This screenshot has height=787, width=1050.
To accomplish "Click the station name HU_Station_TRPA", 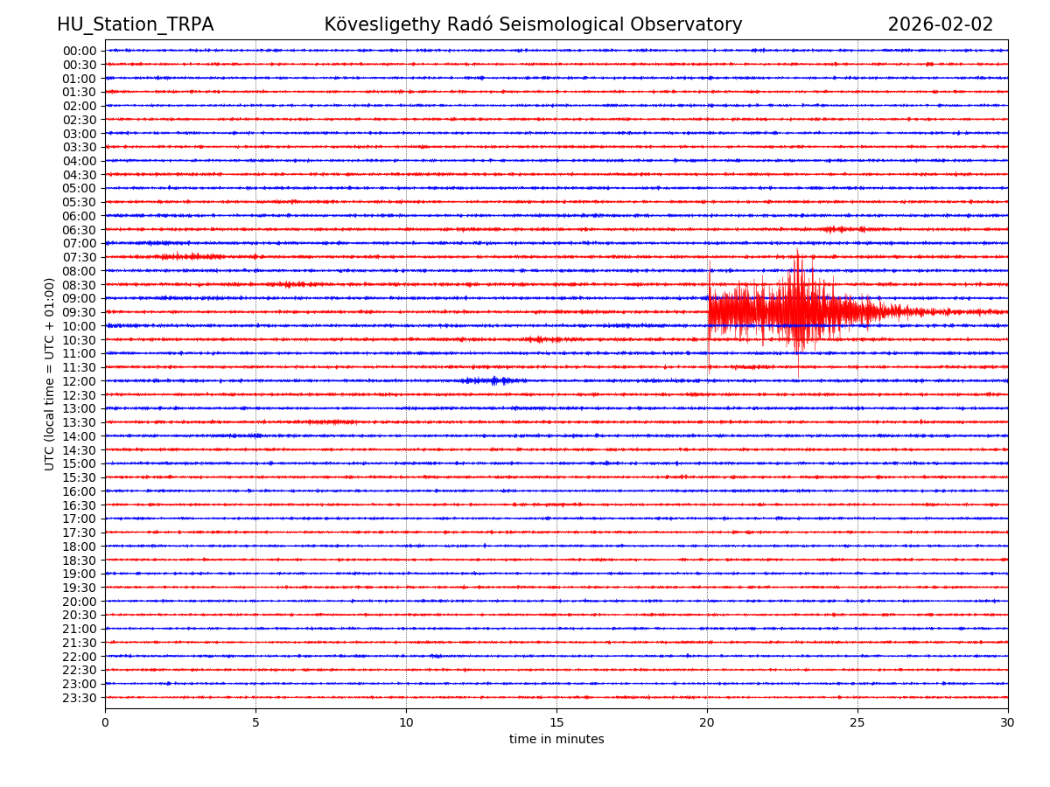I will click(x=135, y=24).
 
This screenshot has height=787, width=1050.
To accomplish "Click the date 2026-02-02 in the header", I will click(x=940, y=24).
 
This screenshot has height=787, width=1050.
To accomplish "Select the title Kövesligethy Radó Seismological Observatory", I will click(x=533, y=24).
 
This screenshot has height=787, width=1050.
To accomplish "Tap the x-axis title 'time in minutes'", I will click(x=556, y=740).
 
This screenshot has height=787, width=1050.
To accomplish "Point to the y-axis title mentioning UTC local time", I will click(x=50, y=373).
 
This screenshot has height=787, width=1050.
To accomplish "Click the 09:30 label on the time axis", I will click(x=80, y=312).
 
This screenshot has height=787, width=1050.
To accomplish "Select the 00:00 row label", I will click(x=80, y=51).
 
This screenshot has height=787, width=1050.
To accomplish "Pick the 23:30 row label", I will click(x=80, y=698).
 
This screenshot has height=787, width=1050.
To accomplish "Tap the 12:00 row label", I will click(x=80, y=381).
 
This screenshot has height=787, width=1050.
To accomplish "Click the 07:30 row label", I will click(x=80, y=257).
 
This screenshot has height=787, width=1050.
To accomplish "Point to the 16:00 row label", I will click(x=80, y=491).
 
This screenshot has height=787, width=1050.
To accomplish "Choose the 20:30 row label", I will click(x=80, y=615).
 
